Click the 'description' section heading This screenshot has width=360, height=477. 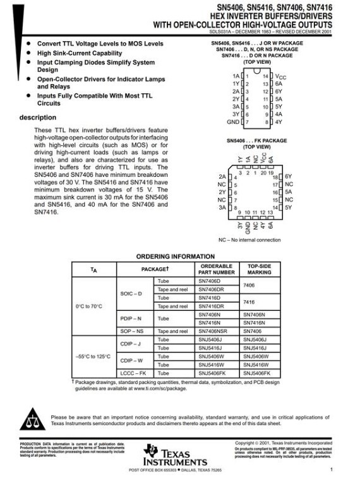[x=37, y=118]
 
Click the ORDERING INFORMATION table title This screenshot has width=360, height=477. [x=176, y=257]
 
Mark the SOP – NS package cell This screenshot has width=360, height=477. [x=132, y=331]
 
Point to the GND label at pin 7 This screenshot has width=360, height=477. [x=233, y=121]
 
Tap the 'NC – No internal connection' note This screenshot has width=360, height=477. [x=249, y=240]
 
